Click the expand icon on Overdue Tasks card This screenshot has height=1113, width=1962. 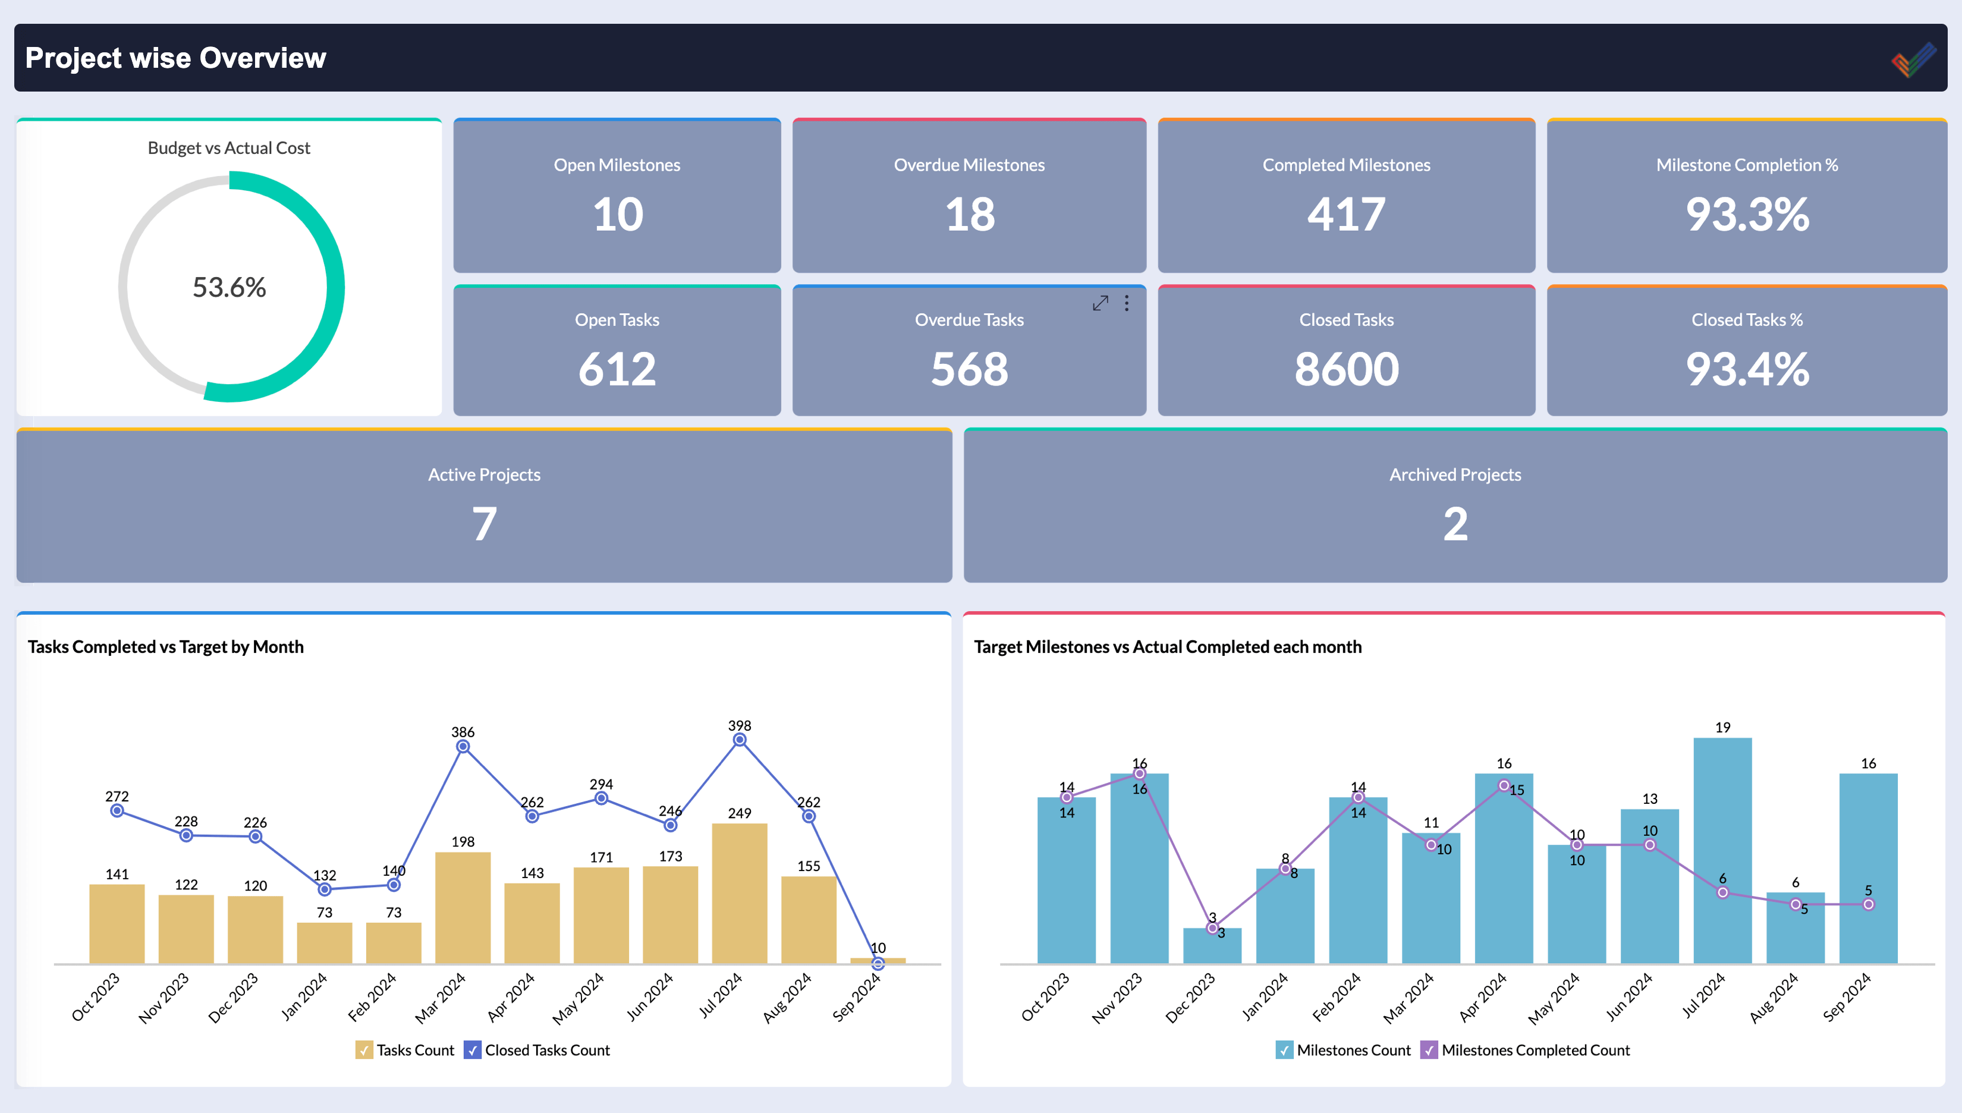[1100, 303]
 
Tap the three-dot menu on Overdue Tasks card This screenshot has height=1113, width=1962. [1127, 303]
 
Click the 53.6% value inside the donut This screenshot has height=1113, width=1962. [229, 287]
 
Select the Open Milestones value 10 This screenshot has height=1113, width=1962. [618, 215]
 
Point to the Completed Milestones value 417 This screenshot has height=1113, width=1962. [1346, 215]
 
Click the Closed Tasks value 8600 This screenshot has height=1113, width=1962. [1346, 369]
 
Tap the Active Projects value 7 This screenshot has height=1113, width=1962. [484, 524]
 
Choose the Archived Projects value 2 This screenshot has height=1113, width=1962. [1454, 524]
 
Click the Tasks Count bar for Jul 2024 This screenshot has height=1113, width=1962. [739, 894]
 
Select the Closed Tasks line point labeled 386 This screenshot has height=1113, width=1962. [463, 746]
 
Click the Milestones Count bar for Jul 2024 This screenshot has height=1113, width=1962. [1722, 848]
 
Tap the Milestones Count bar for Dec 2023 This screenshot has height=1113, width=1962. [1212, 947]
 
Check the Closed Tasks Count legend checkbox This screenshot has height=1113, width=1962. [472, 1049]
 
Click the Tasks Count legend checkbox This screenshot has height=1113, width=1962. [364, 1049]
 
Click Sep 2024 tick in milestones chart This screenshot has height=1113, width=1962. [1847, 997]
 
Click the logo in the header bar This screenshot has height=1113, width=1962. [1913, 59]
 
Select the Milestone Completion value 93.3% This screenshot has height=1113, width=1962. [1746, 215]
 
